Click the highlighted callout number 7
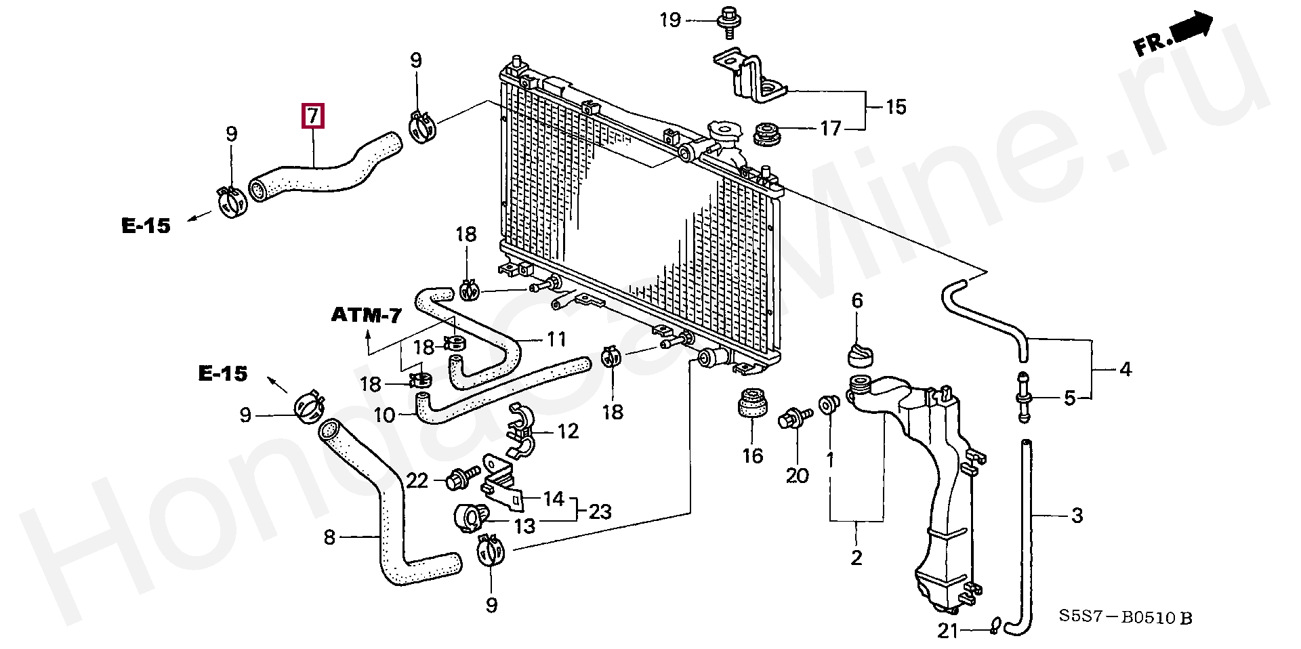312,116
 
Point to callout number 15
896,107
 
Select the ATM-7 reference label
367,315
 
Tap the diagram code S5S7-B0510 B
1126,617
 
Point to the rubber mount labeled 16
752,403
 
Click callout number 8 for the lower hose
329,537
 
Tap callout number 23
600,511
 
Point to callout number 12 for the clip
568,432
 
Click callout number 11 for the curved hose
556,339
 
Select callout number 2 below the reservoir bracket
856,558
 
